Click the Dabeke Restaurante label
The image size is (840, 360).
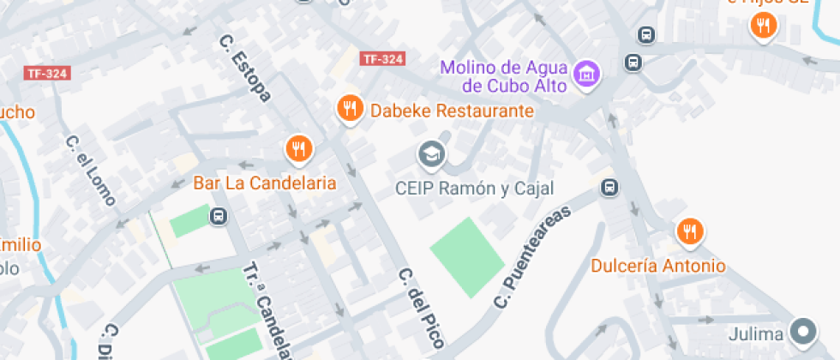pyautogui.click(x=452, y=111)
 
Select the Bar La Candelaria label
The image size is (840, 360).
pyautogui.click(x=264, y=183)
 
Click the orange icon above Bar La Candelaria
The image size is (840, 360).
pyautogui.click(x=298, y=148)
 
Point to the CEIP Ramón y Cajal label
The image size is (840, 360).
pyautogui.click(x=475, y=189)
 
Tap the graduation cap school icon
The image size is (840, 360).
pyautogui.click(x=431, y=155)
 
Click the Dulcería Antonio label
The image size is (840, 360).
pyautogui.click(x=658, y=266)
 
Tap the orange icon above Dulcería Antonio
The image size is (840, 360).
pyautogui.click(x=690, y=231)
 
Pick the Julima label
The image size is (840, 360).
pyautogui.click(x=758, y=333)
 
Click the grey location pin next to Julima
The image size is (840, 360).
pyautogui.click(x=803, y=331)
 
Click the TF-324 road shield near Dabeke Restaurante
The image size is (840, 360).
pyautogui.click(x=382, y=59)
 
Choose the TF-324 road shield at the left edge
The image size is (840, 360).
pyautogui.click(x=46, y=74)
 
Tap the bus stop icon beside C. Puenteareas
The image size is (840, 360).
pyautogui.click(x=609, y=188)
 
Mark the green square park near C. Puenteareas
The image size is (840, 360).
pyautogui.click(x=466, y=256)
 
